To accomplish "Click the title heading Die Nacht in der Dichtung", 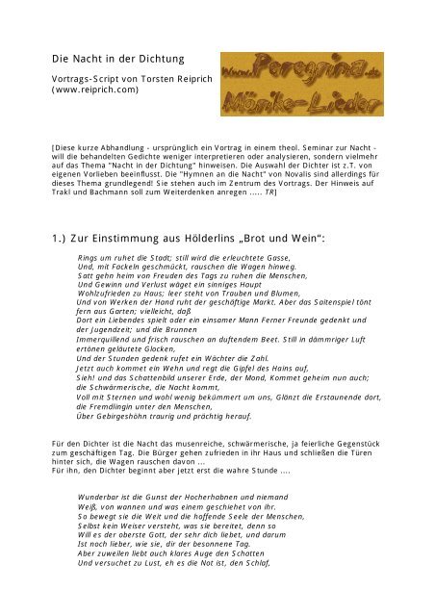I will click(x=113, y=59).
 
